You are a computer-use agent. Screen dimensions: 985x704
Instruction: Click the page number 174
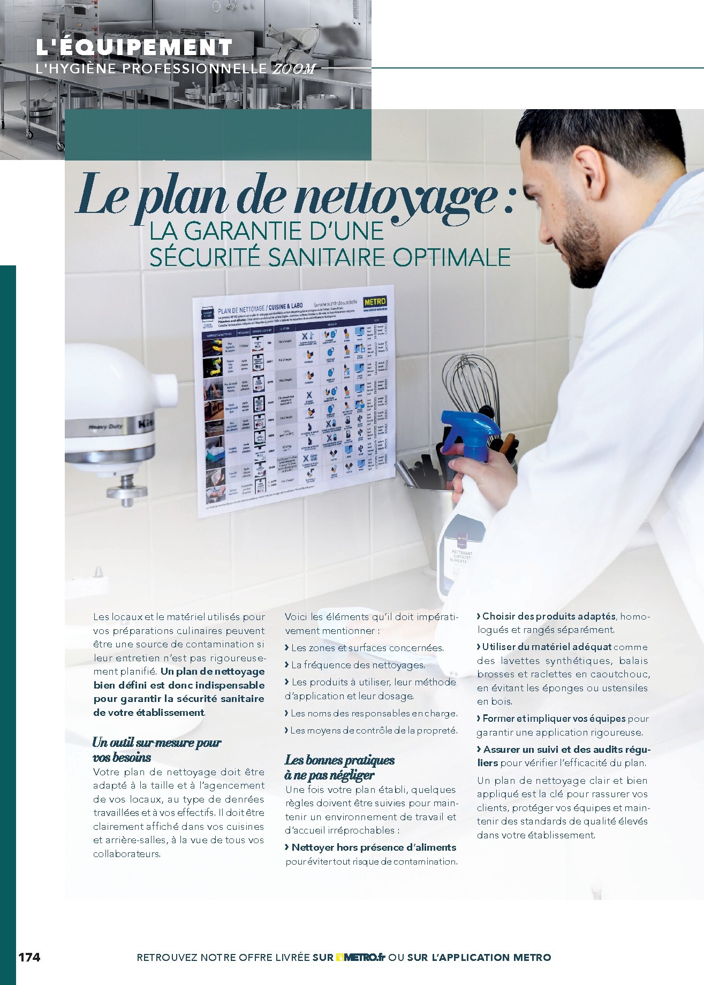coord(29,957)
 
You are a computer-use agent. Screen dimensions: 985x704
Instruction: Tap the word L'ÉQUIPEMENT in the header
coord(134,48)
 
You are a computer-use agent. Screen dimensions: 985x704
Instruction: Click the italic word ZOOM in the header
coord(294,68)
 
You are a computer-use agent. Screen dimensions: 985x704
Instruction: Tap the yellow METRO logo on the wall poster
coord(374,302)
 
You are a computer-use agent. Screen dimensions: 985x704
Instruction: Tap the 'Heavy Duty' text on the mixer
coord(106,426)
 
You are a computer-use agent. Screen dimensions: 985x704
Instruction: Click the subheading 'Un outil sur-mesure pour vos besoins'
coord(156,750)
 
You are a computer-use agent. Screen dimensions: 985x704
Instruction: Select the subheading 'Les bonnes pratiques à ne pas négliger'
coord(339,767)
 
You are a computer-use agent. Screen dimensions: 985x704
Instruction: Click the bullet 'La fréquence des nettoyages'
coord(357,665)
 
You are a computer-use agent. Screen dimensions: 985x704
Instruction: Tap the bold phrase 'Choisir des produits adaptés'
coord(548,616)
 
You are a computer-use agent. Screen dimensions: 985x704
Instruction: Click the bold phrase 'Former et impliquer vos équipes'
coord(554,719)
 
